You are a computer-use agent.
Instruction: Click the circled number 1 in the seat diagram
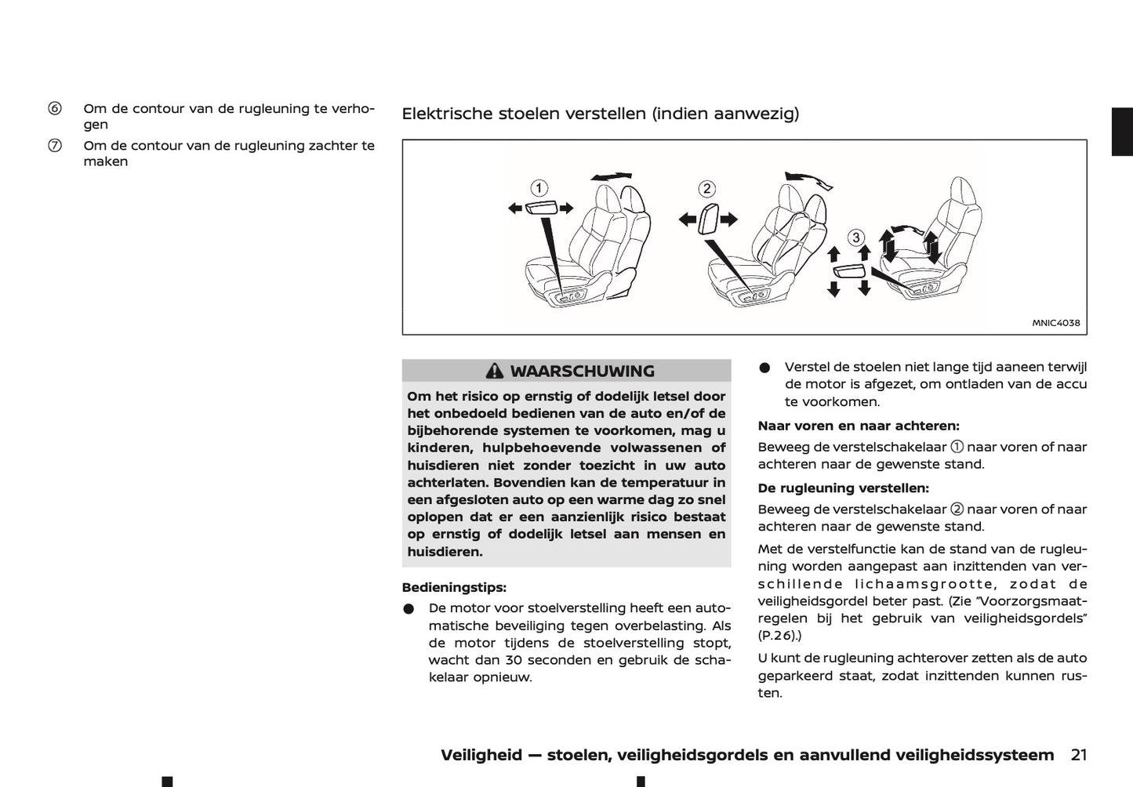pyautogui.click(x=539, y=188)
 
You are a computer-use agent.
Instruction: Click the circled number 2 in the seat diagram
pyautogui.click(x=706, y=188)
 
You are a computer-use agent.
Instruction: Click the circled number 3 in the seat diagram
pyautogui.click(x=856, y=238)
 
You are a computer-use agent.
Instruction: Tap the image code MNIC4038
pyautogui.click(x=1055, y=323)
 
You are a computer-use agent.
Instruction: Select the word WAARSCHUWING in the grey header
pyautogui.click(x=582, y=372)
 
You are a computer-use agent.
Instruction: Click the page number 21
pyautogui.click(x=1078, y=755)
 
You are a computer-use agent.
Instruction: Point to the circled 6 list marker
pyautogui.click(x=55, y=108)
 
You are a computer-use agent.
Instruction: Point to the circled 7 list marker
pyautogui.click(x=55, y=145)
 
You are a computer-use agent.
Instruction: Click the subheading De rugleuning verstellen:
pyautogui.click(x=843, y=488)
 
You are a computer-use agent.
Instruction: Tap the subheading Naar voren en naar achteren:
pyautogui.click(x=858, y=426)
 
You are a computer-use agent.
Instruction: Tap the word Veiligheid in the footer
pyautogui.click(x=481, y=755)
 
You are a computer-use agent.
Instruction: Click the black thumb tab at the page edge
pyautogui.click(x=1122, y=132)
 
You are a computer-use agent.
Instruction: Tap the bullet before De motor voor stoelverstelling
pyautogui.click(x=409, y=609)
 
